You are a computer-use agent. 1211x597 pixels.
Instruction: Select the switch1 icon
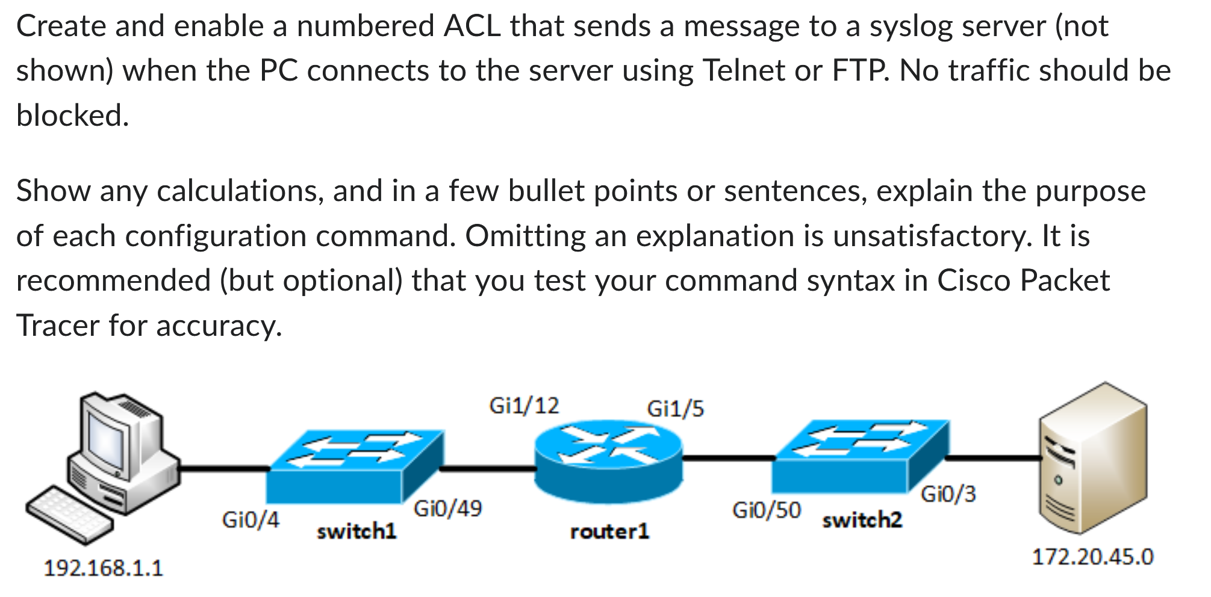(355, 466)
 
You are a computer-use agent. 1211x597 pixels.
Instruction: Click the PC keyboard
(69, 515)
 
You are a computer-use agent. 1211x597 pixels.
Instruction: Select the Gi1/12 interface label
(524, 406)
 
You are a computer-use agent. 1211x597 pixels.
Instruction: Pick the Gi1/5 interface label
(675, 409)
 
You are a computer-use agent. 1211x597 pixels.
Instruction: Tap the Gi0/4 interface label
(251, 519)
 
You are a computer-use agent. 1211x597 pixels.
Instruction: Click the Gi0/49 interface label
(447, 509)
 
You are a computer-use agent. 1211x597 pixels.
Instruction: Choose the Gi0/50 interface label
(766, 510)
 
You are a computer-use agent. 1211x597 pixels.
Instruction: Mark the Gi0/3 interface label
(948, 494)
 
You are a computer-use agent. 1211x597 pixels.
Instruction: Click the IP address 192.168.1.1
(103, 568)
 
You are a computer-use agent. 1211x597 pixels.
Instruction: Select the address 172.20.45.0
(1092, 557)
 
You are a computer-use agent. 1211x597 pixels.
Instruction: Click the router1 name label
(609, 531)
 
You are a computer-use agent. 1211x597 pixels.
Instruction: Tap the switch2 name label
(862, 520)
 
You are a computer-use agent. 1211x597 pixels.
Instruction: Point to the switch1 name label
(356, 531)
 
